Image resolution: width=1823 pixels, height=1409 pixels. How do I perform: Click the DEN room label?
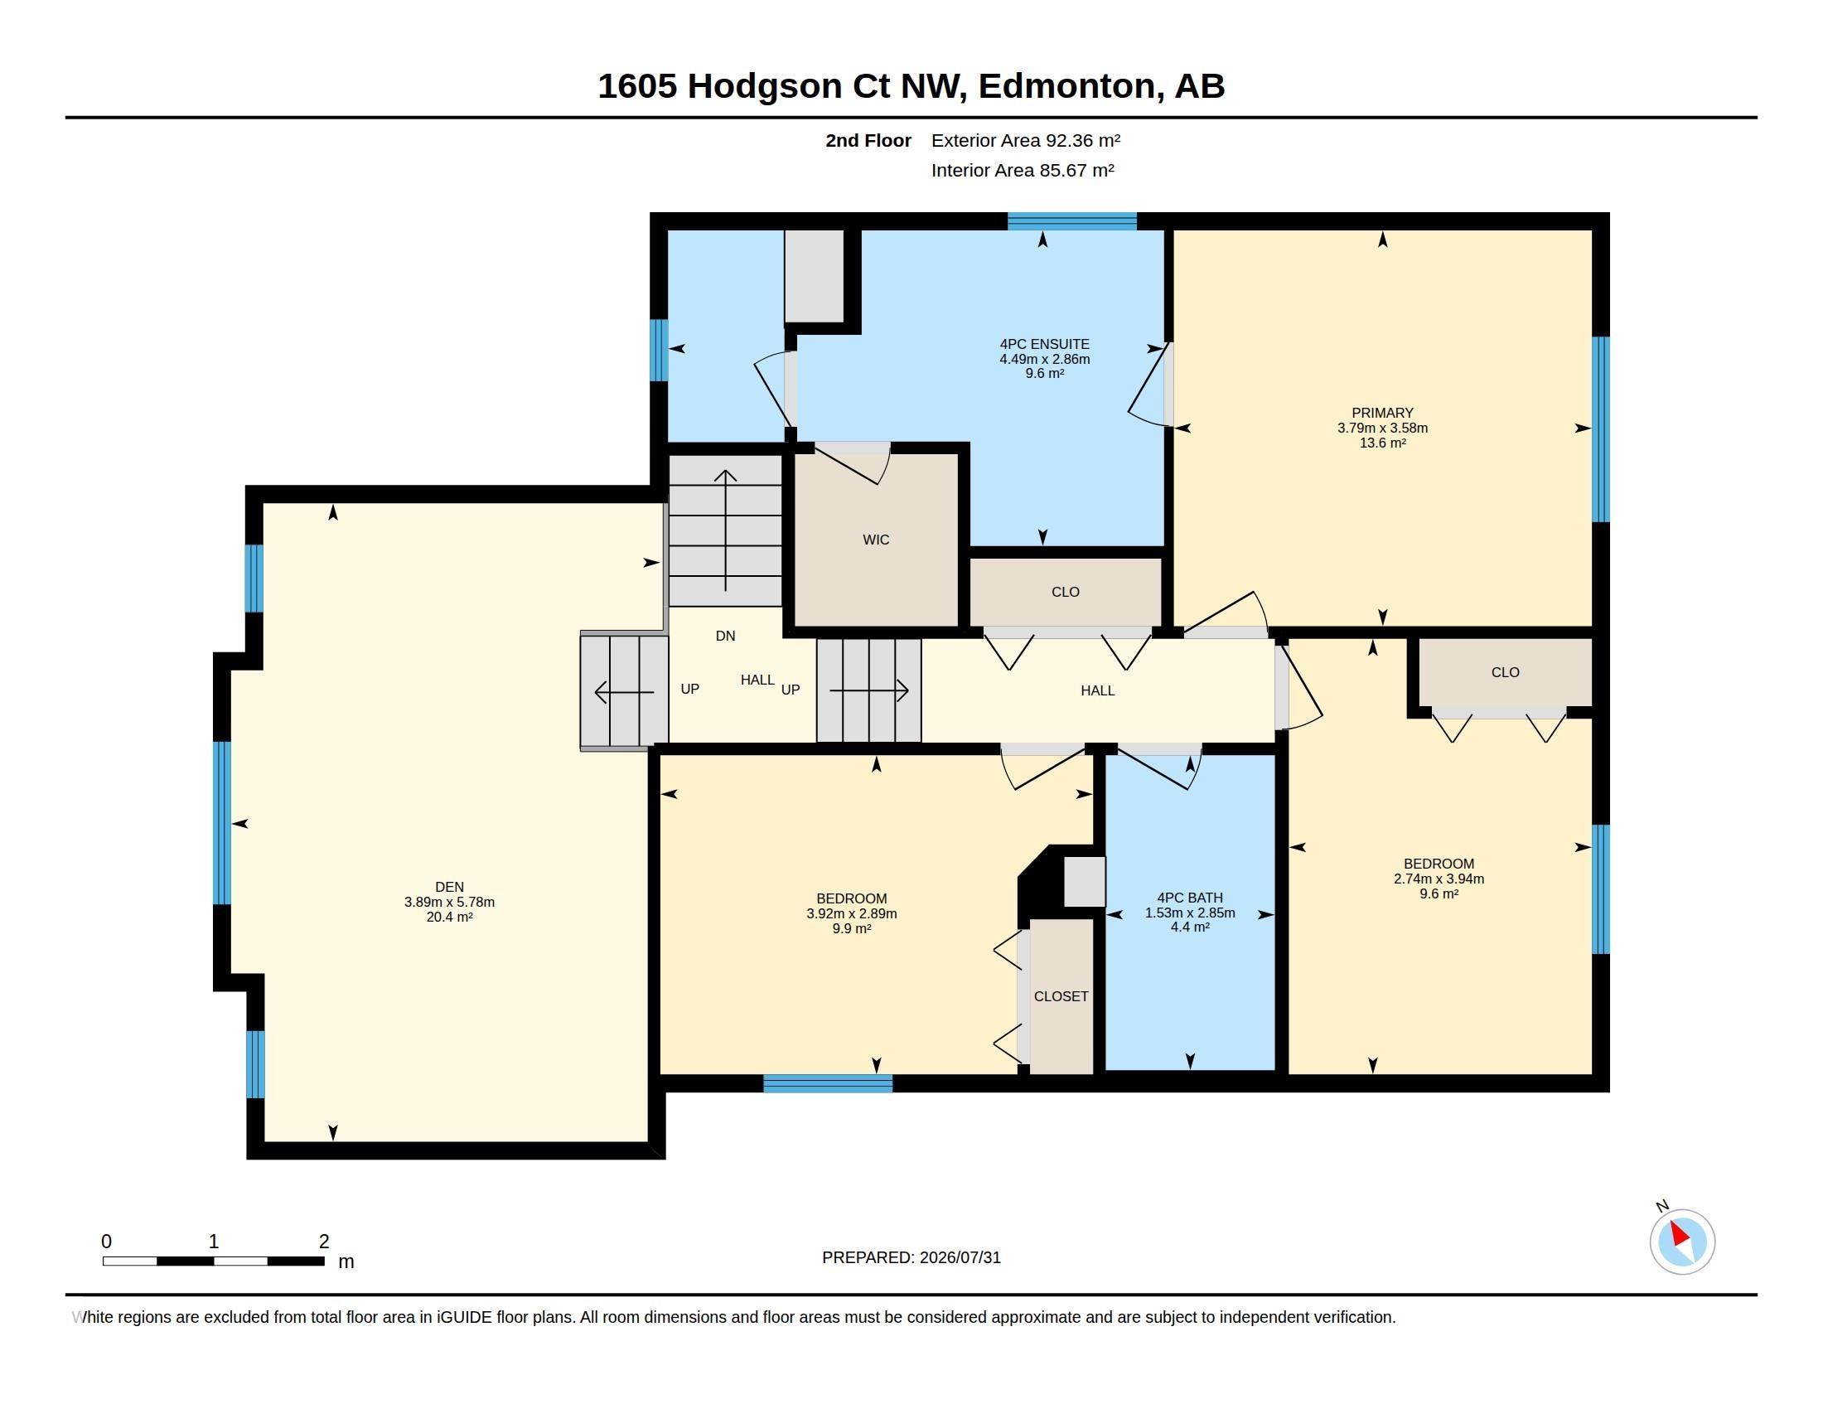449,887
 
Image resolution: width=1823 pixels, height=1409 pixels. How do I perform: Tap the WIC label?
876,540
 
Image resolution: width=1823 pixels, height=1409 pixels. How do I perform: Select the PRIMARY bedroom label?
1382,413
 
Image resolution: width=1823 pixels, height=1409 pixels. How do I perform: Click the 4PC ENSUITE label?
1044,344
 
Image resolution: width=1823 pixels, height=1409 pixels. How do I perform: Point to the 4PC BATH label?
1189,898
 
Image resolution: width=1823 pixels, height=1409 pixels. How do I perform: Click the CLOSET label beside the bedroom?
1061,996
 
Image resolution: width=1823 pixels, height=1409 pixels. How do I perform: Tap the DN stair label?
725,636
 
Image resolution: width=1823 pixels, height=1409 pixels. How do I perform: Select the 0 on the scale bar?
106,1242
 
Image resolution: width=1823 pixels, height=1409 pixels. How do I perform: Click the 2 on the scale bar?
324,1242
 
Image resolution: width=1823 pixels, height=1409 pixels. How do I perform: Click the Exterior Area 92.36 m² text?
1025,140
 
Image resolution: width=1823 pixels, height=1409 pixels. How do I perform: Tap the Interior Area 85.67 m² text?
1023,170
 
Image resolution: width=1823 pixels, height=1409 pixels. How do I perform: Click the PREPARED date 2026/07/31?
960,1257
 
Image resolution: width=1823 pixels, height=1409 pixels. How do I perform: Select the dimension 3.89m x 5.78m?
449,902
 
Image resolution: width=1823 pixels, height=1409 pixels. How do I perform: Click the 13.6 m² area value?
1382,443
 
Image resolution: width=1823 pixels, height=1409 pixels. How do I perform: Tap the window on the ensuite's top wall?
1071,221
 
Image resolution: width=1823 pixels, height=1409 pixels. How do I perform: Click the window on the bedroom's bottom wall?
828,1083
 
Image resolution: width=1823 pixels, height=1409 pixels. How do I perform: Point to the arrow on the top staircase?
725,531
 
